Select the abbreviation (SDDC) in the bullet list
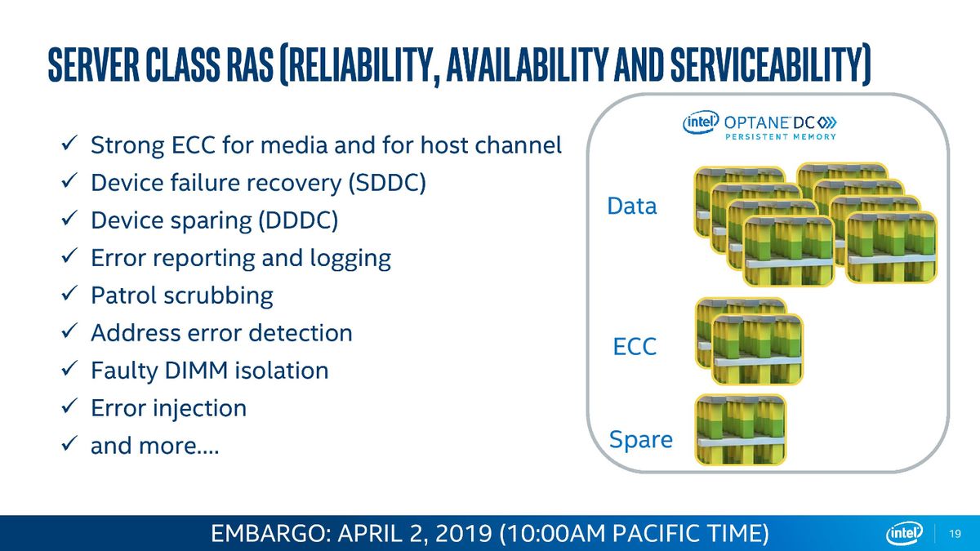coord(387,183)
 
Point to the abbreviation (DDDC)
coord(298,220)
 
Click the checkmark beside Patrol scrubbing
coord(69,293)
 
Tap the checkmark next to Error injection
coord(69,406)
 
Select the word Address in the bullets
coord(134,333)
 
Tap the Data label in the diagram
coord(632,206)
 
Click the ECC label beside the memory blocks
coord(635,347)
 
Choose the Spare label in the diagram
coord(641,440)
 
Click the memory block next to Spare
coord(740,429)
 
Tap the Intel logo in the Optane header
coord(701,122)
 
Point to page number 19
coord(955,534)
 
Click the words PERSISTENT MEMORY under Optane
coord(781,137)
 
